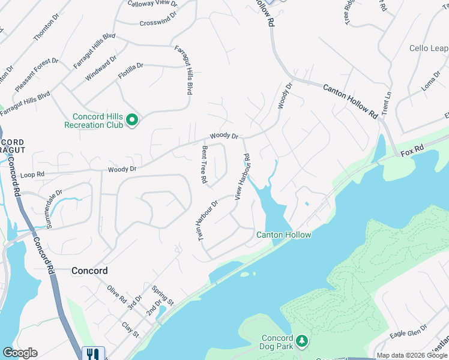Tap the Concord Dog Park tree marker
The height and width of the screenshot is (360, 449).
tap(303, 341)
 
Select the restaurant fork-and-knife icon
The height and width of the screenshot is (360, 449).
tap(93, 353)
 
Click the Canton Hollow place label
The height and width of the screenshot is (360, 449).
tap(284, 235)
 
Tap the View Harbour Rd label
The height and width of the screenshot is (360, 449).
tap(242, 176)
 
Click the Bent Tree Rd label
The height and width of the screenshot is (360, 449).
tap(205, 164)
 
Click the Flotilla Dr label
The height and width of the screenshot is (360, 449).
tap(131, 66)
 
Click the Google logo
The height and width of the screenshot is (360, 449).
tap(20, 353)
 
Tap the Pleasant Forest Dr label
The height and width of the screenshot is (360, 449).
tap(36, 74)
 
